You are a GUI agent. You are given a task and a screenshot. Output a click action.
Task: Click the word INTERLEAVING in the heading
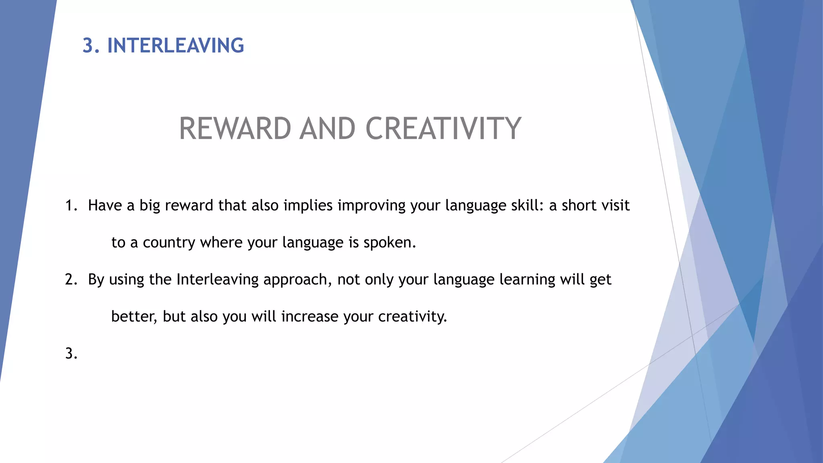(x=176, y=45)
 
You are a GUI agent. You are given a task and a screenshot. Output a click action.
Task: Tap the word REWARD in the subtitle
(x=235, y=129)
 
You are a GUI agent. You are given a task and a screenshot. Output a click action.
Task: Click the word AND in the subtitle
(x=328, y=129)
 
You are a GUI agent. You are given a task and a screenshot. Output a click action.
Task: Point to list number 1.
(x=71, y=205)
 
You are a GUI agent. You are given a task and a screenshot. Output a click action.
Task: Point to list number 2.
(x=71, y=279)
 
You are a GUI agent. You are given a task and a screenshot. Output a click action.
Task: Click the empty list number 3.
(x=71, y=353)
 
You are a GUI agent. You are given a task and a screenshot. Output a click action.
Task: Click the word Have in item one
(x=105, y=205)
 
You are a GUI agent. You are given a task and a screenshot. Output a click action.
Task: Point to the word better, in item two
(x=134, y=317)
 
